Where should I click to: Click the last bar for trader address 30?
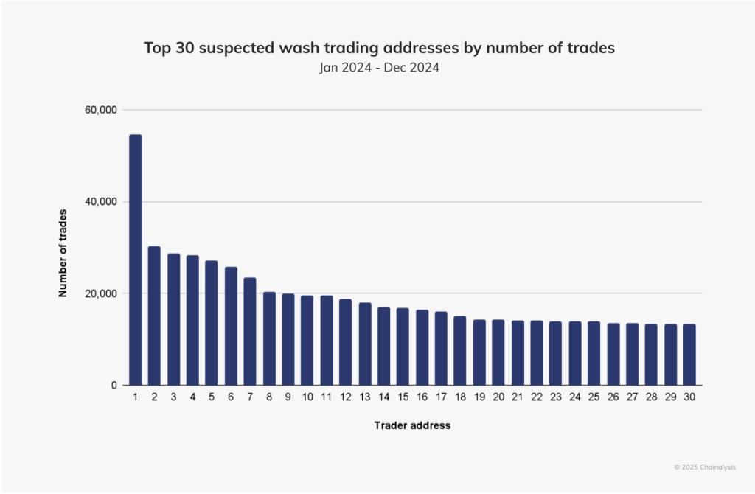pyautogui.click(x=689, y=355)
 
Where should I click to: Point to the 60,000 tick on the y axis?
pyautogui.click(x=102, y=110)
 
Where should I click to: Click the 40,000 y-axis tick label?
pyautogui.click(x=102, y=202)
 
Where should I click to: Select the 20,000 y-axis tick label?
pyautogui.click(x=102, y=293)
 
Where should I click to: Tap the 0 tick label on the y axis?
pyautogui.click(x=114, y=386)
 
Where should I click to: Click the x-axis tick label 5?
pyautogui.click(x=212, y=397)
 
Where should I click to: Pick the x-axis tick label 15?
pyautogui.click(x=403, y=397)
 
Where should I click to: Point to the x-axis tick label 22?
pyautogui.click(x=537, y=397)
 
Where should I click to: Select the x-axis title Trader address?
pyautogui.click(x=412, y=425)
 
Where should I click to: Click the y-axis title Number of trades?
pyautogui.click(x=63, y=254)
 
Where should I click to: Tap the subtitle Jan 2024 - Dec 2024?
pyautogui.click(x=379, y=68)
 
